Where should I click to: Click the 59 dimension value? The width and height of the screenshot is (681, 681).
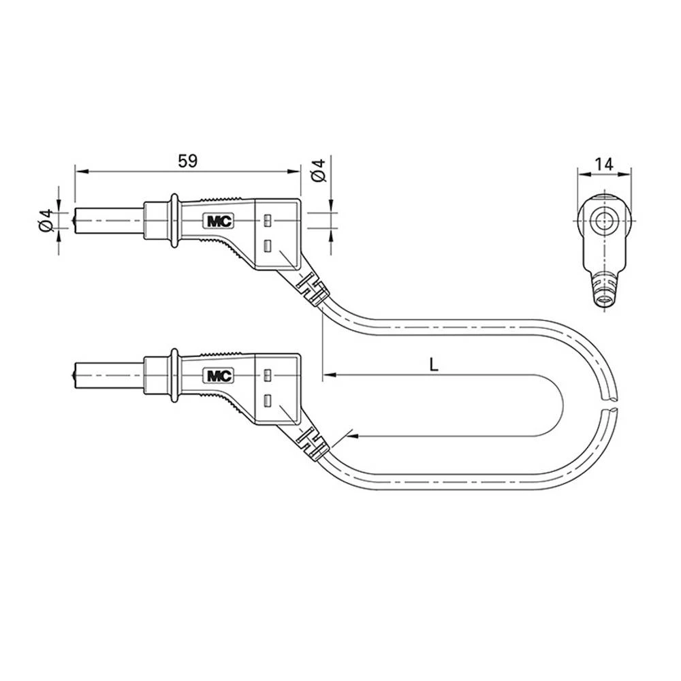tap(187, 161)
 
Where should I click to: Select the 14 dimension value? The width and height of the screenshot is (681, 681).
tap(603, 163)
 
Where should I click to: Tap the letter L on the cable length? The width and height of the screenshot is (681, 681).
tap(434, 364)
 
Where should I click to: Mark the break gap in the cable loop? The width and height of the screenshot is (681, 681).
tap(611, 402)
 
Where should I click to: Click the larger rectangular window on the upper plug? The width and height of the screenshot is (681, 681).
tap(267, 246)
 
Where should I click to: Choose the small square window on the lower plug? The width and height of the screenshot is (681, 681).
tap(267, 375)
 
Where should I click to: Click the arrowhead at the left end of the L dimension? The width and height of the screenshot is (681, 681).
tap(328, 375)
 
